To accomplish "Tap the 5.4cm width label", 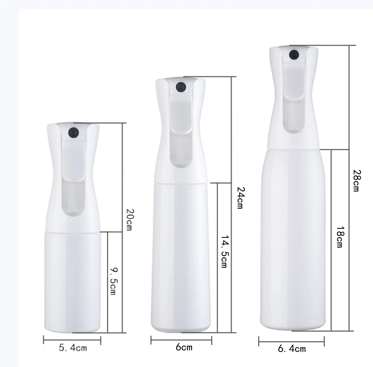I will point(73,348).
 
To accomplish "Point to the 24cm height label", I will point(240,198).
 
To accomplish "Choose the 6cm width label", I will point(184,347).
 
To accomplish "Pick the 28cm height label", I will point(357,180).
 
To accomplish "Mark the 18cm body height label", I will point(340,237).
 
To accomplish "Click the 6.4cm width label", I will point(292,349).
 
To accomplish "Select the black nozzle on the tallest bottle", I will point(294,55).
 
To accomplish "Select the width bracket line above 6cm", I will point(181,340).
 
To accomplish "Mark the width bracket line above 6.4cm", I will point(291,341).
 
